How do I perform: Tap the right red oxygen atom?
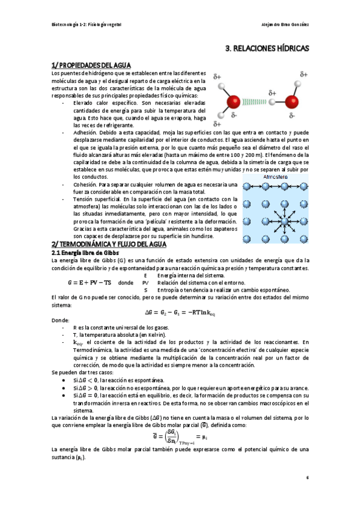click(292, 98)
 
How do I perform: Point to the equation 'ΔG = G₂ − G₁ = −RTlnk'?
click(180, 312)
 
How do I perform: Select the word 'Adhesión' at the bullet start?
click(85, 132)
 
